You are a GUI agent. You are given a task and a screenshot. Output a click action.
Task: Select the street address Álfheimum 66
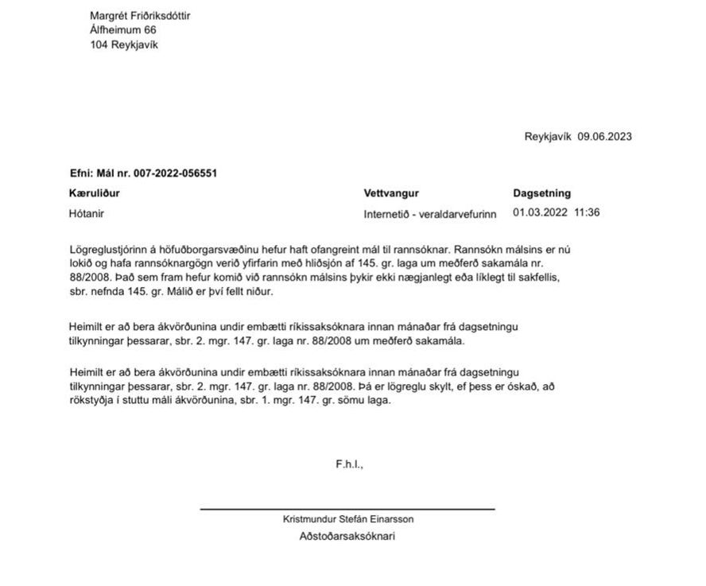(123, 30)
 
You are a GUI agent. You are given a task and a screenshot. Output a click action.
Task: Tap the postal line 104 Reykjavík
(124, 45)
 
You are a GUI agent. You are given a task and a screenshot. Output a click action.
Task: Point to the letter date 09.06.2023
(605, 137)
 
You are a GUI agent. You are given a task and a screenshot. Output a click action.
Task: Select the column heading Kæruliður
(95, 193)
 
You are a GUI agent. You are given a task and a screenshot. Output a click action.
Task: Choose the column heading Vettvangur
(391, 193)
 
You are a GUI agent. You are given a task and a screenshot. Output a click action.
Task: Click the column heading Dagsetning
(541, 193)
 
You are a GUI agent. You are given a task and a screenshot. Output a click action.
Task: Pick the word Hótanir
(87, 213)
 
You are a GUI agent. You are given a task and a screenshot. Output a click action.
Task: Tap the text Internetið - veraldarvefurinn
(429, 214)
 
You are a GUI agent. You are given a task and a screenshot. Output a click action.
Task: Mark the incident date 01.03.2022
(540, 213)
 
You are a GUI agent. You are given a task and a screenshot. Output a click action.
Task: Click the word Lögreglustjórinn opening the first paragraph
(107, 250)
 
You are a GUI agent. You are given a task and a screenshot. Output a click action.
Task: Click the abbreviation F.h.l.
(349, 464)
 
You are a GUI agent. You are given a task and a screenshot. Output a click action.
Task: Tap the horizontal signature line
(347, 509)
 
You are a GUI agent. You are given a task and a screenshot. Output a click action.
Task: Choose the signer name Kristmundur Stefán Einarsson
(348, 519)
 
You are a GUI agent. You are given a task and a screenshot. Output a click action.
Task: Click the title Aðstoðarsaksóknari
(347, 537)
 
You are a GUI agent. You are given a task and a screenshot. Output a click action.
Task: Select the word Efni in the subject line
(80, 173)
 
